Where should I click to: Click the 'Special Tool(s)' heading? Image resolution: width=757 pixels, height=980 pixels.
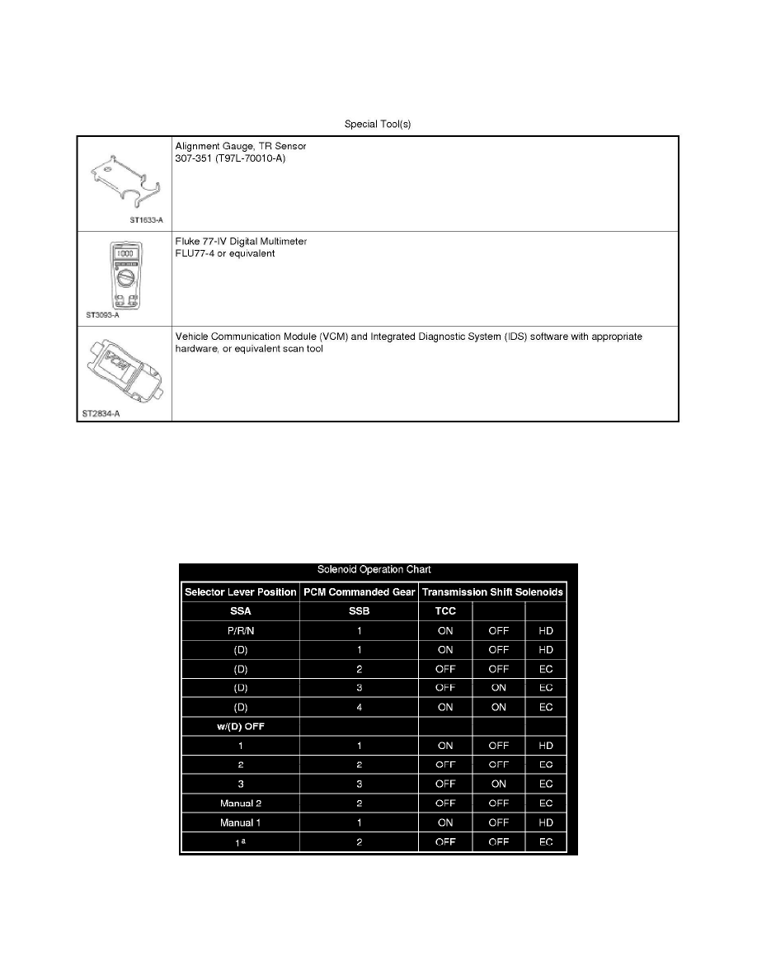coord(377,125)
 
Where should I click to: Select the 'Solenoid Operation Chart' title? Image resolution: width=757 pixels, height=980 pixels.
coord(378,570)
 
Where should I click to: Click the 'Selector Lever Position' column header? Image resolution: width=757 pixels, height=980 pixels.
coord(240,591)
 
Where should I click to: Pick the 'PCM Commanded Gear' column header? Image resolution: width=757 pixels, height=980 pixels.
coord(359,591)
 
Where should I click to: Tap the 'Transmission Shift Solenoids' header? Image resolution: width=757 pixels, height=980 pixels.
coord(493,591)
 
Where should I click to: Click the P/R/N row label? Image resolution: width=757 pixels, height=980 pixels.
coord(240,630)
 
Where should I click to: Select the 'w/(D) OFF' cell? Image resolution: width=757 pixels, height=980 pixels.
coord(240,726)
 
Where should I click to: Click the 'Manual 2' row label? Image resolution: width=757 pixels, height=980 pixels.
coord(240,803)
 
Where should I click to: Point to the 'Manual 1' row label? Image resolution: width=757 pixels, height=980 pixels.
coord(240,822)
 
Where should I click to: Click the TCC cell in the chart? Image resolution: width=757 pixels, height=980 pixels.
coord(445,611)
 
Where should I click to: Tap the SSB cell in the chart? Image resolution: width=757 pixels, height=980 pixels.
coord(359,611)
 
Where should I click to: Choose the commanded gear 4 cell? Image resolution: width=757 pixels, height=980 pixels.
coord(359,707)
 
